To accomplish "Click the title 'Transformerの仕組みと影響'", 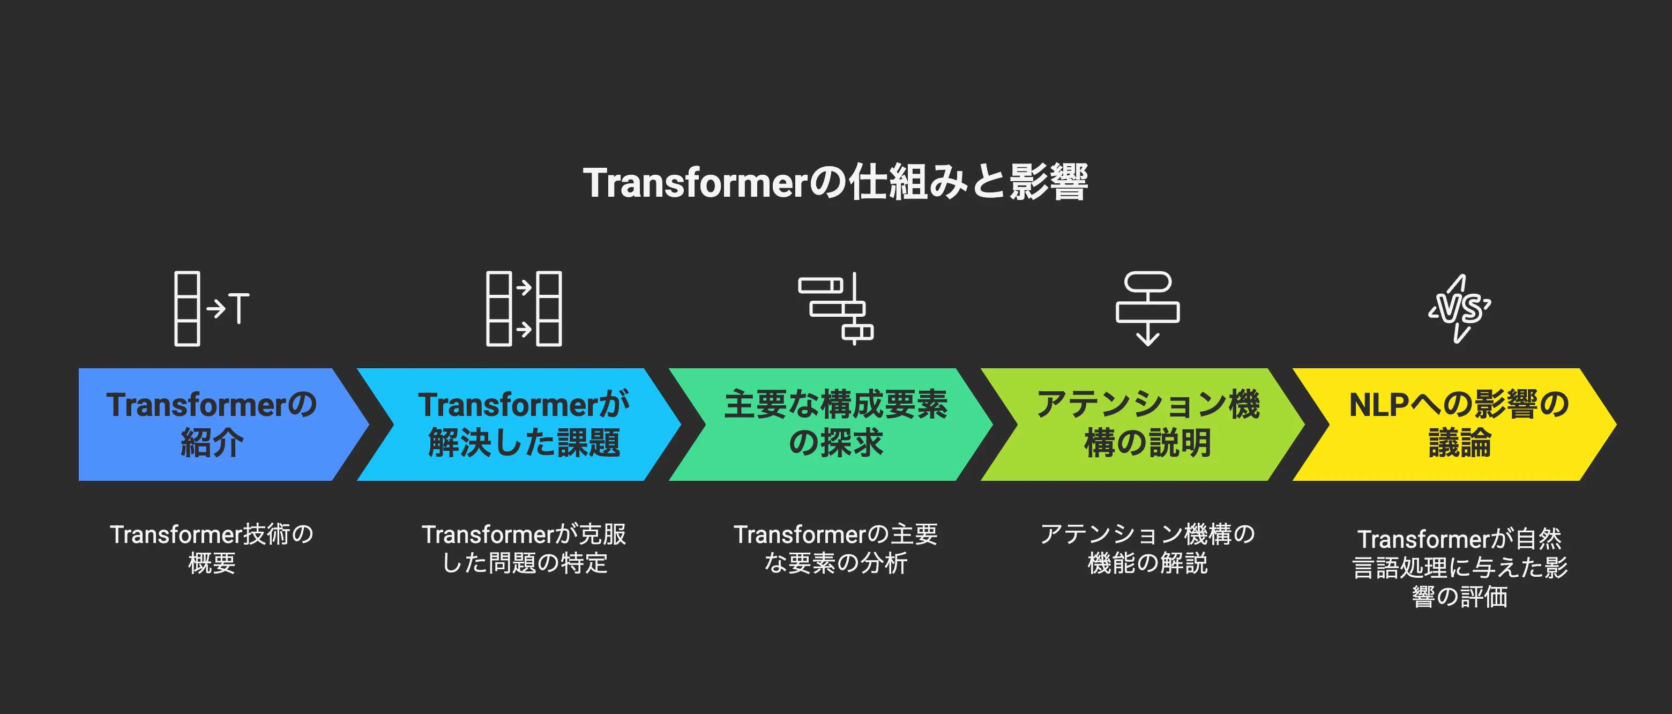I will (x=835, y=182).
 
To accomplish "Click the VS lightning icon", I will (x=1460, y=309).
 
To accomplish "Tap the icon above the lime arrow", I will (x=1147, y=309).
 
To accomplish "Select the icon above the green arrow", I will (x=837, y=309).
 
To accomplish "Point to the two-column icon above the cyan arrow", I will (x=524, y=309).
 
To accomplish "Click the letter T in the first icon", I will (x=239, y=308).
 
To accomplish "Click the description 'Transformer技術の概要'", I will (x=212, y=548).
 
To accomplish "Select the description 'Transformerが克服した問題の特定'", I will (x=524, y=548).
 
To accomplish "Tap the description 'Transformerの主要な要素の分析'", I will (x=835, y=548).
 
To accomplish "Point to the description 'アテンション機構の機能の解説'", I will (x=1147, y=548).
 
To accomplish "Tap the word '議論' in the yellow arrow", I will (x=1459, y=443).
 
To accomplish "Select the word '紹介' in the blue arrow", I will (x=212, y=443).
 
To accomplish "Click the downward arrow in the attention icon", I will (x=1147, y=335).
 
